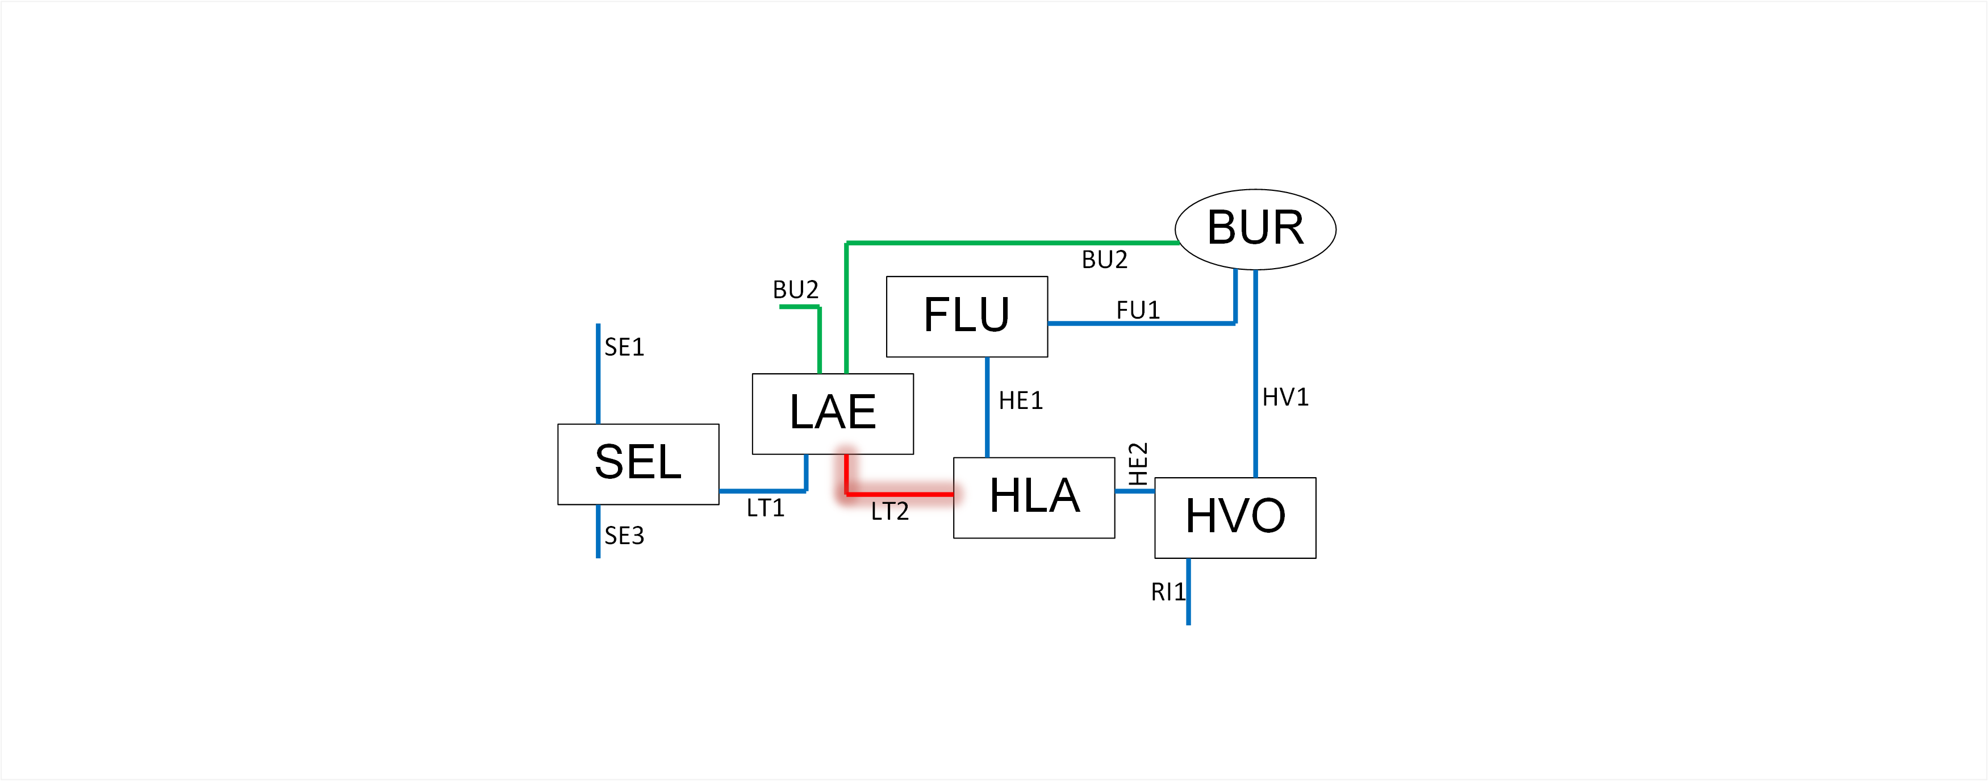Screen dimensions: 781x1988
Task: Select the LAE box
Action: [x=833, y=414]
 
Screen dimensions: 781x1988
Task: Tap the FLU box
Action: [x=966, y=316]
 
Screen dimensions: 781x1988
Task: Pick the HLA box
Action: [x=1034, y=498]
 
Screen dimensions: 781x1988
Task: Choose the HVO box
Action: [x=1235, y=517]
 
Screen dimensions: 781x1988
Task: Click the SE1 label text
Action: [x=624, y=347]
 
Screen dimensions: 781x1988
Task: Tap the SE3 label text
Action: [x=624, y=536]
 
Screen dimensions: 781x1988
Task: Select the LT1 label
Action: [x=765, y=508]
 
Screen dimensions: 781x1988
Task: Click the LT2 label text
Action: [x=889, y=511]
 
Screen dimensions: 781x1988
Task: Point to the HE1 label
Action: [x=1020, y=400]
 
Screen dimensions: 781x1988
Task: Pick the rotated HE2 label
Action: [x=1138, y=464]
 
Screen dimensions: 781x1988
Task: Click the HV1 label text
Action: [x=1285, y=398]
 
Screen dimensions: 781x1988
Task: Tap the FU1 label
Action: [x=1138, y=310]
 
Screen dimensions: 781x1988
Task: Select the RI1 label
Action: [x=1167, y=592]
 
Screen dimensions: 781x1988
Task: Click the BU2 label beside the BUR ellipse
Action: [x=1104, y=260]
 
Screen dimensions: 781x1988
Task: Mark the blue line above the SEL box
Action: [x=598, y=374]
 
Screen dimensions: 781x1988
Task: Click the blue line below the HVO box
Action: [x=1188, y=591]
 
